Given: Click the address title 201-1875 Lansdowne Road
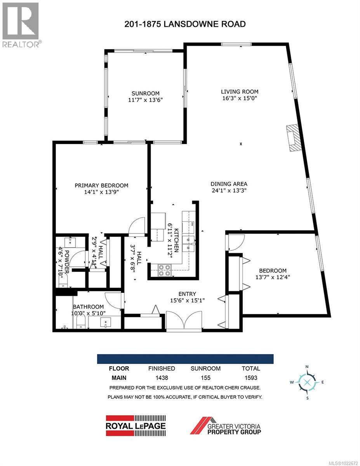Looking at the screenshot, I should [185, 24].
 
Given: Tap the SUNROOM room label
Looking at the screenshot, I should [145, 93].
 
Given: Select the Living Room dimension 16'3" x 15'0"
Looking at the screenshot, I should [240, 98].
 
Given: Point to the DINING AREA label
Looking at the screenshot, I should [229, 184].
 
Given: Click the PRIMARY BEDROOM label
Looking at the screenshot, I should [101, 186].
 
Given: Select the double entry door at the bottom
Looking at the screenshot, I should [184, 321].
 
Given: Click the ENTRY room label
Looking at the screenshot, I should [187, 294].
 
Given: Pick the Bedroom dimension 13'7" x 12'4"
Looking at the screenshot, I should [273, 277].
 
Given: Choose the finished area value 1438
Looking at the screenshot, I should [162, 377].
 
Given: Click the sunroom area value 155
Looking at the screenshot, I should [205, 377].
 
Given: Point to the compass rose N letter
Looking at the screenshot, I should [307, 367].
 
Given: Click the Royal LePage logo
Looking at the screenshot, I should [136, 425].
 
